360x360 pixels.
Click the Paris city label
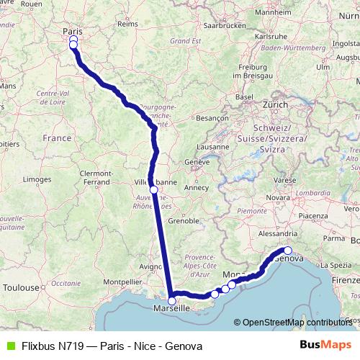pyautogui.click(x=73, y=31)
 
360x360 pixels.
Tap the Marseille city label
pyautogui.click(x=172, y=309)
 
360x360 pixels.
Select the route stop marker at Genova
pyautogui.click(x=287, y=251)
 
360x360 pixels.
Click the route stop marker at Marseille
pyautogui.click(x=172, y=301)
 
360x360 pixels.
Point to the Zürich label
pyautogui.click(x=275, y=104)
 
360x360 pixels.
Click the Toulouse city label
pyautogui.click(x=21, y=287)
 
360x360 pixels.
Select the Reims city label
pyautogui.click(x=127, y=24)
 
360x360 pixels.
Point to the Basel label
pyautogui.click(x=245, y=96)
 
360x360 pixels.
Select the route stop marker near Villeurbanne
pyautogui.click(x=153, y=190)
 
